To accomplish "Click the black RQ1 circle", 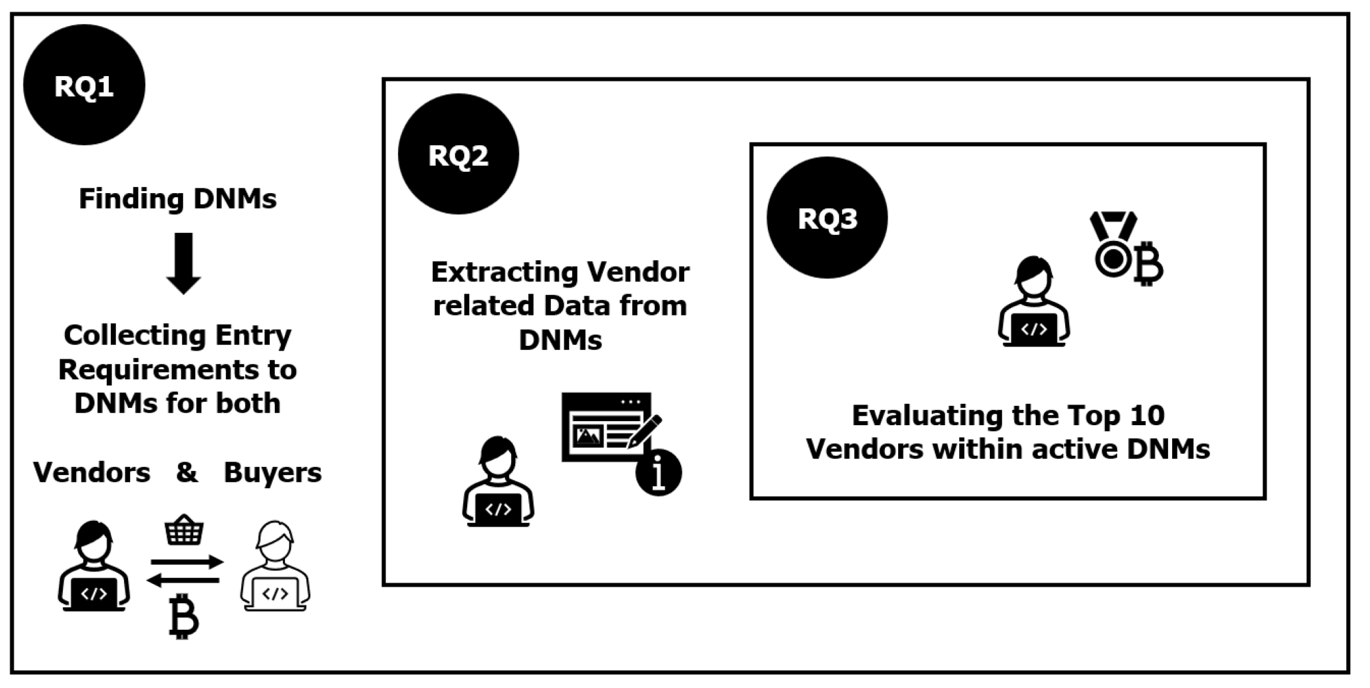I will click(84, 85).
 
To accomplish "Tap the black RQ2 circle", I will click(458, 154).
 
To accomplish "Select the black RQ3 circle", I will click(827, 218).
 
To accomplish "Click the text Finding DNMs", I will click(177, 199).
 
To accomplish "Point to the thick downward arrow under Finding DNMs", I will click(184, 263).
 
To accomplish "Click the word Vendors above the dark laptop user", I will click(92, 472).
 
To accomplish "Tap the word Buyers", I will click(273, 472).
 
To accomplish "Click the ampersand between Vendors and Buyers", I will click(186, 472).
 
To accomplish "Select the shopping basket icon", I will click(184, 530).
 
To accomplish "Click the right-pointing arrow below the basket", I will click(187, 562).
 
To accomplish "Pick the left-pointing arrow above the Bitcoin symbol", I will click(184, 581).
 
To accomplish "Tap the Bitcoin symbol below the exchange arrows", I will click(184, 616).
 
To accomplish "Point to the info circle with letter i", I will click(658, 472).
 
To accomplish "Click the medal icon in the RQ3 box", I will click(1113, 243).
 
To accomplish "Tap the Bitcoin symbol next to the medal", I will click(1148, 263).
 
